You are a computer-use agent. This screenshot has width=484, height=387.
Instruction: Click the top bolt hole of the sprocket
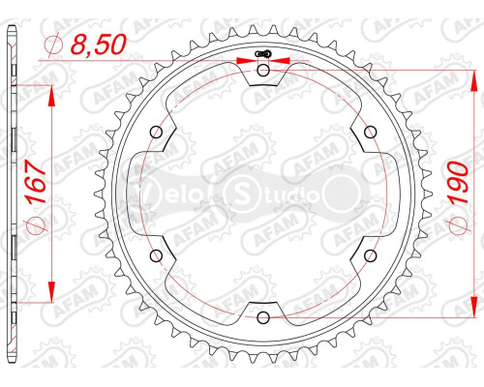pyautogui.click(x=264, y=70)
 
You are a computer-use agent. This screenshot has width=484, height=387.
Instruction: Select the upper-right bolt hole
pyautogui.click(x=371, y=132)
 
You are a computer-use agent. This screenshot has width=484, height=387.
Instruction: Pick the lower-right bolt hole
pyautogui.click(x=371, y=254)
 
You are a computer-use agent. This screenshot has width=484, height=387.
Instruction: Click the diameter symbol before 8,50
pyautogui.click(x=54, y=44)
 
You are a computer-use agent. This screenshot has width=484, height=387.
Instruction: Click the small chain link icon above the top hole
pyautogui.click(x=263, y=54)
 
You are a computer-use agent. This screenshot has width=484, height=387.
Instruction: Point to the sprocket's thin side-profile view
pyautogui.click(x=12, y=193)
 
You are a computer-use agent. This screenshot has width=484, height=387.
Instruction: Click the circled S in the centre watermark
pyautogui.click(x=238, y=193)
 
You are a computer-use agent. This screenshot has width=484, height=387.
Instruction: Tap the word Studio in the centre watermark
pyautogui.click(x=281, y=196)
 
